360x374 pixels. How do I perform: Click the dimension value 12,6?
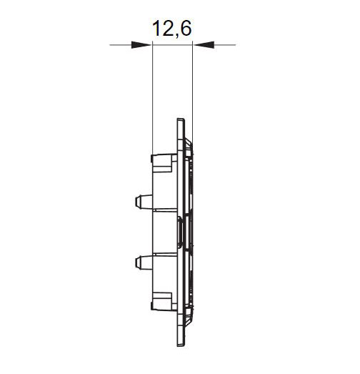(171, 29)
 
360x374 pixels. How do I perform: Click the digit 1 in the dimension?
(156, 28)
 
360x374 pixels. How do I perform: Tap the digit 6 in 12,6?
(186, 28)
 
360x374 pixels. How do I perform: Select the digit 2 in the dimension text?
(169, 28)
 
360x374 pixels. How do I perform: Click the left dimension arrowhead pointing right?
(141, 44)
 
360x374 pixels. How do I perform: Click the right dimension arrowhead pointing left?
(204, 44)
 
